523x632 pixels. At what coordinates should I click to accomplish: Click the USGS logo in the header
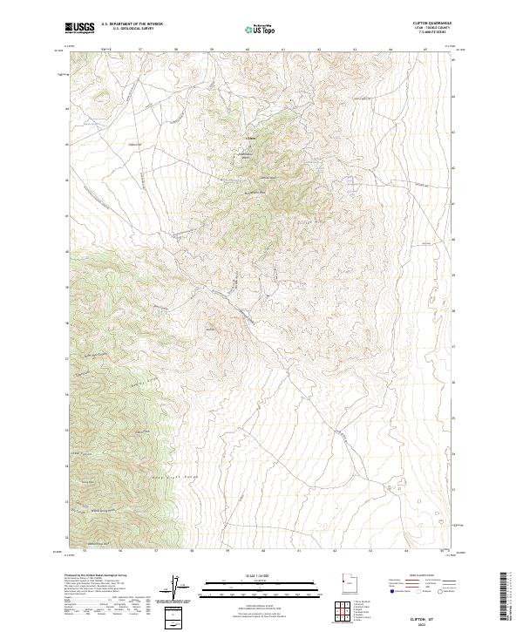[x=79, y=28]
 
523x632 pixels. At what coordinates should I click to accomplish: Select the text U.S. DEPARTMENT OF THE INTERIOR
[x=132, y=24]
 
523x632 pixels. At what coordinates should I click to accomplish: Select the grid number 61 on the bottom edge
[x=298, y=551]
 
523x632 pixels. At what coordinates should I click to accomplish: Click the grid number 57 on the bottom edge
[x=155, y=551]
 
